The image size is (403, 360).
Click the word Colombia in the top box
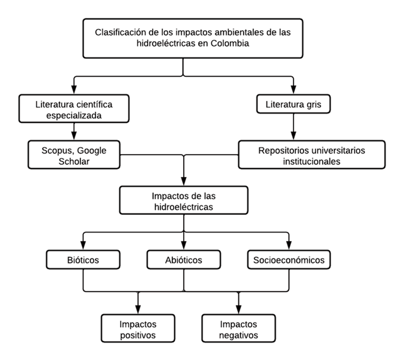tap(230, 43)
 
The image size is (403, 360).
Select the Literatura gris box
tap(293, 104)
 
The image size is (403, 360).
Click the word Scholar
tap(74, 161)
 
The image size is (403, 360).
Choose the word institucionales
tap(311, 161)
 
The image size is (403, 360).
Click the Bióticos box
tap(83, 260)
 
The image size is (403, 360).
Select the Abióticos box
tap(184, 260)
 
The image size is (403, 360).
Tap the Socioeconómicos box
tap(289, 260)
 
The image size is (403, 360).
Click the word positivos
tap(138, 336)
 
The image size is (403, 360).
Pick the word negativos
tap(239, 336)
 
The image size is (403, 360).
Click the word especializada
tap(74, 115)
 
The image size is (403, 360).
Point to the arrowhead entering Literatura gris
tap(293, 90)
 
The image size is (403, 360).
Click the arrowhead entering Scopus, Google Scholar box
tap(74, 135)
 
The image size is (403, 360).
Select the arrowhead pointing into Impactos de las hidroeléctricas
tap(184, 181)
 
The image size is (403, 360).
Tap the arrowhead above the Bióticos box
tap(83, 246)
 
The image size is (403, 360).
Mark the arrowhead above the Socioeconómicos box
tap(289, 246)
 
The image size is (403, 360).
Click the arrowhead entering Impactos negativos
tap(239, 310)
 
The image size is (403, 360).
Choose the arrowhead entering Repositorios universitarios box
tap(293, 135)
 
